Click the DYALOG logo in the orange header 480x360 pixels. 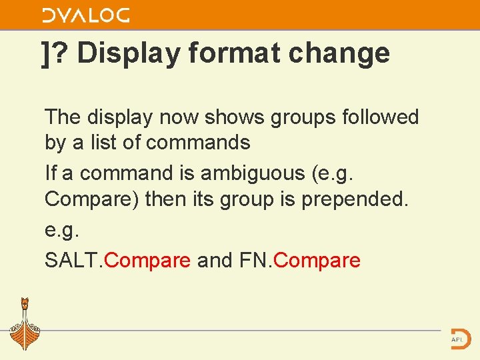point(86,15)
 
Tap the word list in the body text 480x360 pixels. point(115,143)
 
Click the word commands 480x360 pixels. point(197,143)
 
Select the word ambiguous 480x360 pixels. point(253,173)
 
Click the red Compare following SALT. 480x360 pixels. point(147,260)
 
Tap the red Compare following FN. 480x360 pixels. point(317,260)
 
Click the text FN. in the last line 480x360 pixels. point(255,260)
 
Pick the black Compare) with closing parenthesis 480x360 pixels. point(92,199)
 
